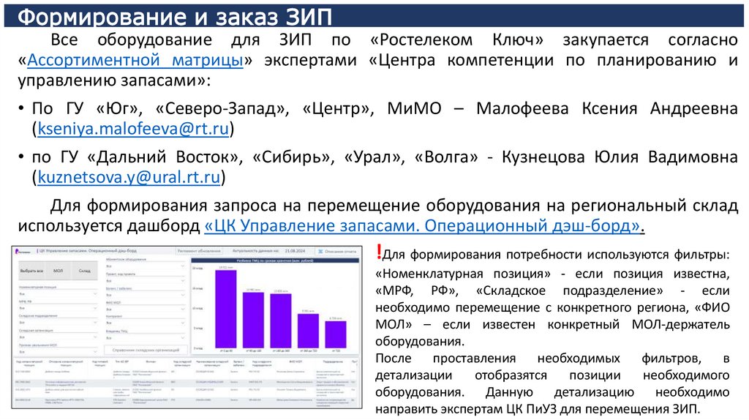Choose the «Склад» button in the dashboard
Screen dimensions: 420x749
point(85,271)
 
